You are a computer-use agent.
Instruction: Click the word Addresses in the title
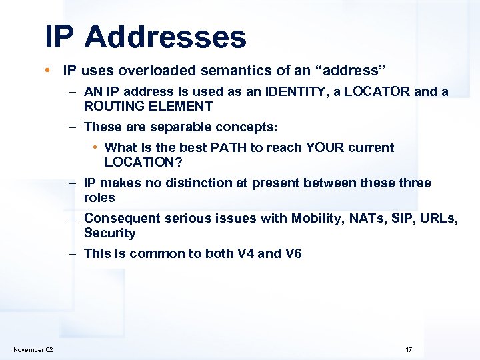[165, 37]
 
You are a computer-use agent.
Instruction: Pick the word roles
[99, 197]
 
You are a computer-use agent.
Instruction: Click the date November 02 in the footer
[33, 350]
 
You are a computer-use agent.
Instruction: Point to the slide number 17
[409, 350]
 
